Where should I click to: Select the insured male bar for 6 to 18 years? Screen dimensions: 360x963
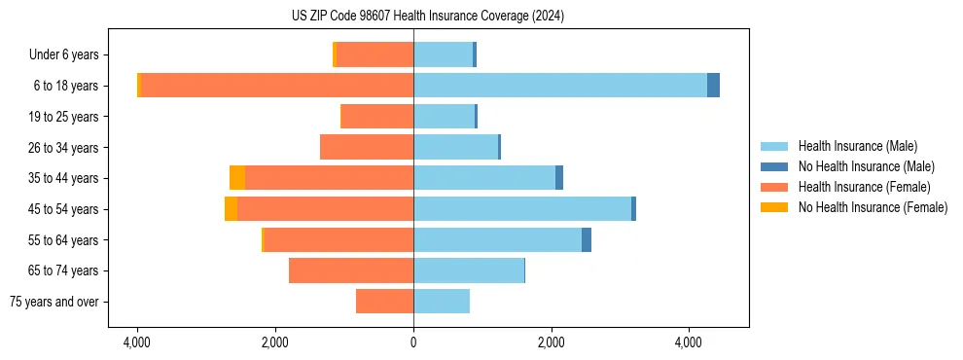(559, 86)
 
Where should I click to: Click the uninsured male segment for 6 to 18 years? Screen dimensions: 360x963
(713, 86)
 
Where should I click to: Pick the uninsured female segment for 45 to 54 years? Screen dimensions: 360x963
(231, 209)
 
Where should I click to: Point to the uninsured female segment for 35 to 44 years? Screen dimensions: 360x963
(236, 178)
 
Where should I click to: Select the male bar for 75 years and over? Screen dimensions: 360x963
(442, 302)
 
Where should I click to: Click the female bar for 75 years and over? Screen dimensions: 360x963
(384, 302)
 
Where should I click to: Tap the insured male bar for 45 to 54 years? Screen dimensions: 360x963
(522, 209)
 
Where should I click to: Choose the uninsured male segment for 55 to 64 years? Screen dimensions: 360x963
(587, 240)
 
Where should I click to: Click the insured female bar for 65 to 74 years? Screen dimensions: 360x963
(351, 270)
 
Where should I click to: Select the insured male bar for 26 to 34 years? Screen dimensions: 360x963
(455, 147)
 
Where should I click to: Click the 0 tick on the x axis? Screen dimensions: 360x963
(413, 342)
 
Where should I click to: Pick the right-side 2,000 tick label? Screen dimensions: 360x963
(552, 342)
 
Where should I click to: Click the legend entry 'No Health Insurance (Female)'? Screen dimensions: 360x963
(873, 207)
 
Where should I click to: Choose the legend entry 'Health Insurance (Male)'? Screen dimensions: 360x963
(857, 146)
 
